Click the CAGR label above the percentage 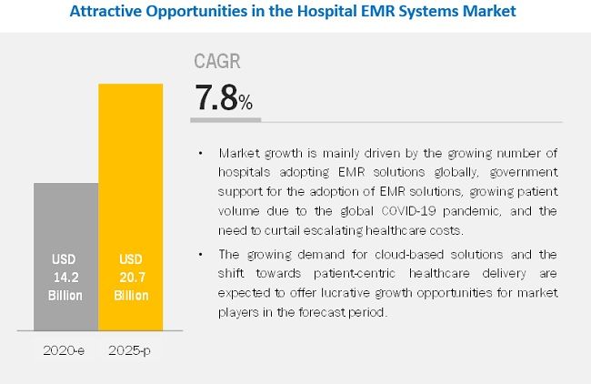pos(217,62)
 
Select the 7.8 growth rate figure pos(215,97)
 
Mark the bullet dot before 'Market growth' pos(200,152)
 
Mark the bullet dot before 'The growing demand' pos(200,254)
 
